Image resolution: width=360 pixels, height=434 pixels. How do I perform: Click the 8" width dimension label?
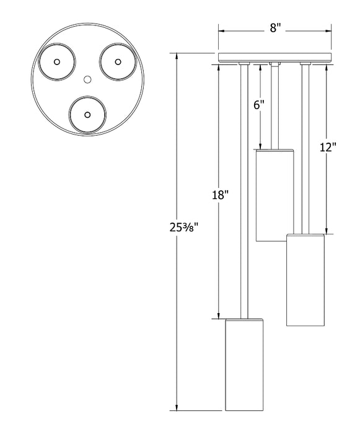click(x=275, y=28)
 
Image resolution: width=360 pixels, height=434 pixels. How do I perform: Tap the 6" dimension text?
click(x=259, y=105)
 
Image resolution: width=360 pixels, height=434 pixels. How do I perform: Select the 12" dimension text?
click(x=328, y=147)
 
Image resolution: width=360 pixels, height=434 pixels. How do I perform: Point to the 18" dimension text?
click(x=220, y=195)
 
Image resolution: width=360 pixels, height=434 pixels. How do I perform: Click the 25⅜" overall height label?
click(x=184, y=228)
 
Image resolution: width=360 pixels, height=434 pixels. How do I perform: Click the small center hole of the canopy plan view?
click(x=87, y=79)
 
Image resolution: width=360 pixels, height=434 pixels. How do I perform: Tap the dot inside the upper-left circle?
click(x=57, y=62)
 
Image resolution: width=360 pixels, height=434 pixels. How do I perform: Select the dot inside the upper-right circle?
click(x=118, y=62)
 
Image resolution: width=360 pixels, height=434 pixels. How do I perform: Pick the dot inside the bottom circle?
click(x=87, y=115)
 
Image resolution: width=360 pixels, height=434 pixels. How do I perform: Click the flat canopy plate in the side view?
click(x=275, y=57)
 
